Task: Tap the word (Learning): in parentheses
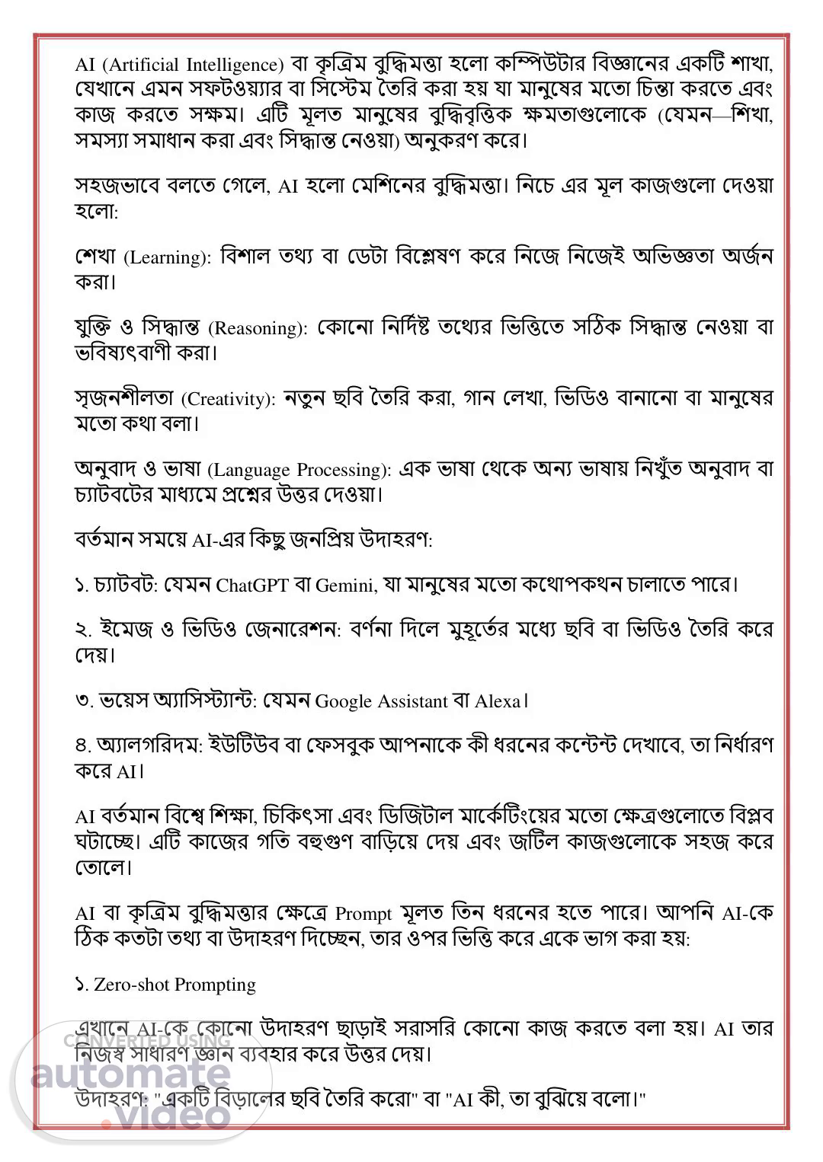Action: [x=167, y=257]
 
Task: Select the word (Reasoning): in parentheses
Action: [x=258, y=328]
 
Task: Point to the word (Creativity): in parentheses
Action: [x=228, y=399]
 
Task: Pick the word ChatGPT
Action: [x=252, y=586]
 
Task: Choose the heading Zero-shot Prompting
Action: [x=175, y=985]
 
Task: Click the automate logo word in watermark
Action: [x=130, y=1074]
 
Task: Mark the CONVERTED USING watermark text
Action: [x=147, y=1041]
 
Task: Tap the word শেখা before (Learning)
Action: [x=97, y=257]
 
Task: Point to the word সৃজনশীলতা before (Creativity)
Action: [x=125, y=399]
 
